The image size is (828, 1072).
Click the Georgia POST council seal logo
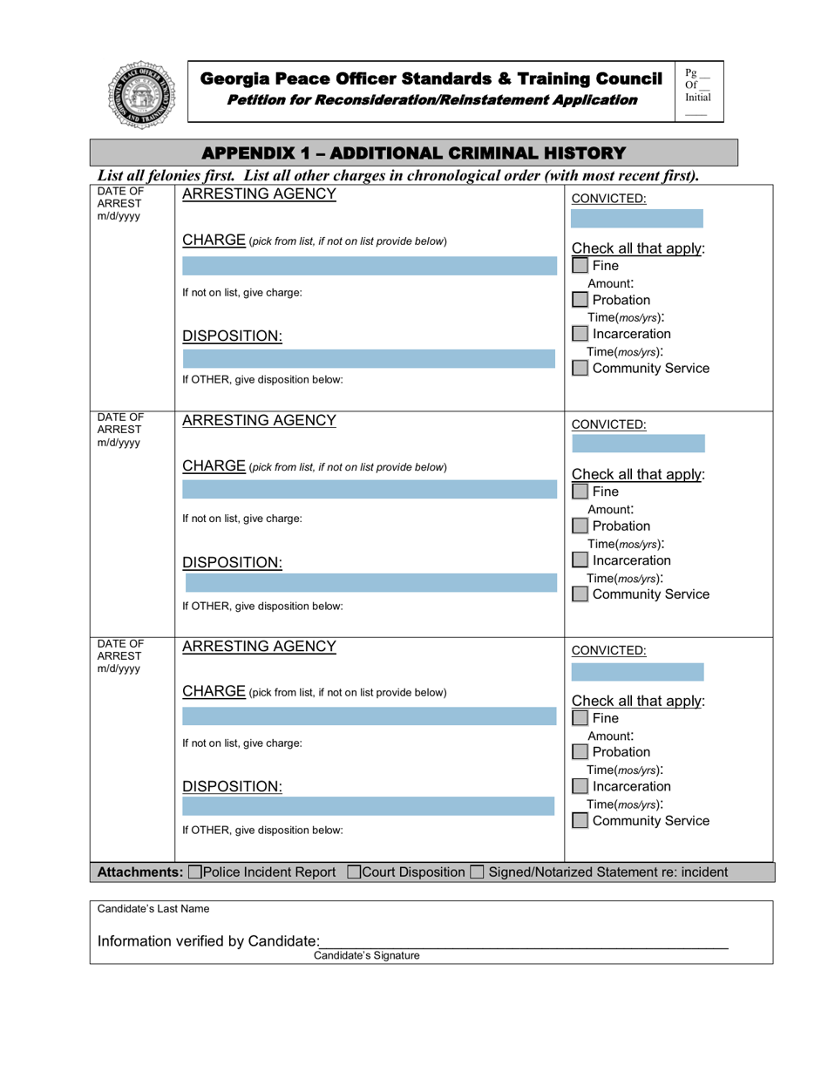pyautogui.click(x=140, y=95)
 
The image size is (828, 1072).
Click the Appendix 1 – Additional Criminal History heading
pyautogui.click(x=414, y=153)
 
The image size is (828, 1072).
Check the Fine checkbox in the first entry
pyautogui.click(x=580, y=266)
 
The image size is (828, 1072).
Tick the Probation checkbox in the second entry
pyautogui.click(x=580, y=526)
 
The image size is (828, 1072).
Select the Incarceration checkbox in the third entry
pyautogui.click(x=580, y=786)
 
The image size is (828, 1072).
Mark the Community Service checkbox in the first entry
pyautogui.click(x=580, y=369)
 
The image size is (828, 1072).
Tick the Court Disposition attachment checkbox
pyautogui.click(x=354, y=872)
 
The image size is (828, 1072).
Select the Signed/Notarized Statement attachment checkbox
pyautogui.click(x=477, y=872)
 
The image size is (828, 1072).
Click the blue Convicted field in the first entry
pyautogui.click(x=637, y=218)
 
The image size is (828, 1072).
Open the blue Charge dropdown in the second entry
pyautogui.click(x=368, y=492)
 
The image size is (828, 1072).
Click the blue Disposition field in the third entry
pyautogui.click(x=368, y=806)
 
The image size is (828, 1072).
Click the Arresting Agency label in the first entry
pyautogui.click(x=258, y=194)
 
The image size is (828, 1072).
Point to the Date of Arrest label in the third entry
pyautogui.click(x=120, y=656)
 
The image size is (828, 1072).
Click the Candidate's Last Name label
pyautogui.click(x=153, y=908)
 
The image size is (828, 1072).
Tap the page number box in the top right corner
pyautogui.click(x=697, y=91)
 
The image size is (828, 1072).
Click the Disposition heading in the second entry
pyautogui.click(x=232, y=562)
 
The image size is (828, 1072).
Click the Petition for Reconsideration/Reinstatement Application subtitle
pyautogui.click(x=431, y=99)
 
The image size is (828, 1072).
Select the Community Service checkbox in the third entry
pyautogui.click(x=580, y=821)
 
